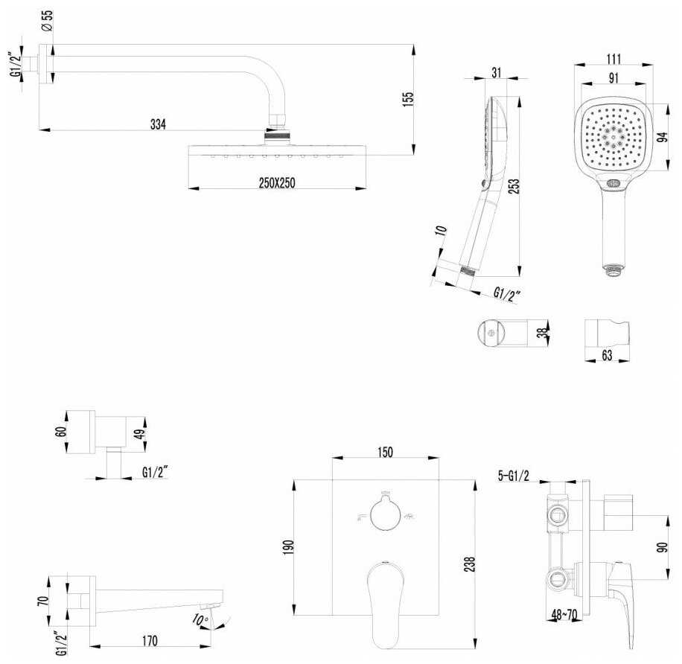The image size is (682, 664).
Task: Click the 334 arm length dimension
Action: click(158, 124)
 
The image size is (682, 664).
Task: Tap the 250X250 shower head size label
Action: click(277, 183)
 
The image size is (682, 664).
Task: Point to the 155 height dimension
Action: click(408, 100)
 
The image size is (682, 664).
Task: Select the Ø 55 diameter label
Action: click(47, 20)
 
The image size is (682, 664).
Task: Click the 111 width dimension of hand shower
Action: click(614, 59)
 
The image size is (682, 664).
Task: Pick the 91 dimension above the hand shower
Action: click(614, 78)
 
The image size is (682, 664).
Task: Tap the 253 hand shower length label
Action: click(514, 186)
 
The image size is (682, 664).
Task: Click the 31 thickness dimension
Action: click(497, 73)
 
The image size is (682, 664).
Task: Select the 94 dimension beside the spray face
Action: click(662, 137)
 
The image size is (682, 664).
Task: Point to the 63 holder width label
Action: click(607, 355)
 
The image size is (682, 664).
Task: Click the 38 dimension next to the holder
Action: click(541, 333)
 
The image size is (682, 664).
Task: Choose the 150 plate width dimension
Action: click(385, 453)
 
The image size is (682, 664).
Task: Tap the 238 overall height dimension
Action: click(471, 564)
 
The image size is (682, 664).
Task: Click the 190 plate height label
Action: click(289, 547)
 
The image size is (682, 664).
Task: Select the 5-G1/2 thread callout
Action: click(513, 476)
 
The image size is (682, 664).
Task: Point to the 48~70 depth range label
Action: click(564, 614)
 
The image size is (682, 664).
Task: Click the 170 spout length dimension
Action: click(149, 640)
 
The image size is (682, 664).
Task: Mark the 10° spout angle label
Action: click(200, 619)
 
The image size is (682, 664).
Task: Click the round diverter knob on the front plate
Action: click(385, 514)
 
